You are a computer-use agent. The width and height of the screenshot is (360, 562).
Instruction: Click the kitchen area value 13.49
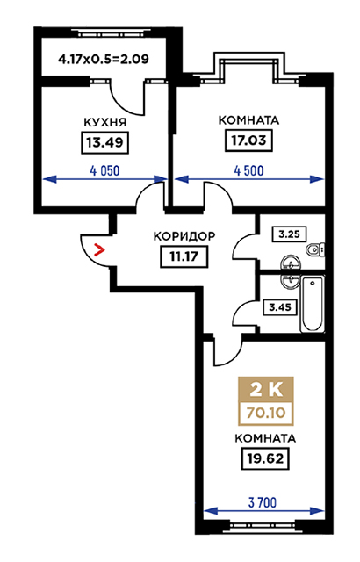[x=105, y=142]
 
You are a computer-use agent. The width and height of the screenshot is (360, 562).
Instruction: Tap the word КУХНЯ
[x=105, y=122]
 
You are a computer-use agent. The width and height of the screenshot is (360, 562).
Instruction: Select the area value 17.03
[x=248, y=140]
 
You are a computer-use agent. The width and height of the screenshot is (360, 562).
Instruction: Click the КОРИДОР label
[x=184, y=236]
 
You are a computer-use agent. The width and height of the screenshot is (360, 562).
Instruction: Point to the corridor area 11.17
[x=184, y=256]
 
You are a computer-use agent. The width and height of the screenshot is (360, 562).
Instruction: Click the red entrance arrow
[x=99, y=249]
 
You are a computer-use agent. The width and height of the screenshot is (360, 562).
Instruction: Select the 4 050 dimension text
[x=105, y=171]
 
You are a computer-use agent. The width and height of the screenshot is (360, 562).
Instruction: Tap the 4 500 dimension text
[x=249, y=170]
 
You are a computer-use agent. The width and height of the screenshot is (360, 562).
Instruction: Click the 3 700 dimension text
[x=263, y=503]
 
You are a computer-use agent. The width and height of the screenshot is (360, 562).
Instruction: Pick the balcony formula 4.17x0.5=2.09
[x=104, y=59]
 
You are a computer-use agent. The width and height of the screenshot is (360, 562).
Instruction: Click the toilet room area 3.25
[x=289, y=234]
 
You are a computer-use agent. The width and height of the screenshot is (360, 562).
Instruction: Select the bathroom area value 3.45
[x=280, y=307]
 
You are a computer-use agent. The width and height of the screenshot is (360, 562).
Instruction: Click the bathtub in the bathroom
[x=312, y=304]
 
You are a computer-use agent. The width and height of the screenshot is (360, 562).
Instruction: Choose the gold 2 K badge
[x=266, y=390]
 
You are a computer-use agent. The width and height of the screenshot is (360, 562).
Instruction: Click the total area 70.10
[x=266, y=414]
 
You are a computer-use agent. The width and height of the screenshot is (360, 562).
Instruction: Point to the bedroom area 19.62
[x=265, y=458]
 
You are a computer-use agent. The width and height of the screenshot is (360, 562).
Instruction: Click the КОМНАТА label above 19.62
[x=265, y=438]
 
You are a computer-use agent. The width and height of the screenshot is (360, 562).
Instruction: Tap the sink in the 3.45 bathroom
[x=290, y=281]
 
